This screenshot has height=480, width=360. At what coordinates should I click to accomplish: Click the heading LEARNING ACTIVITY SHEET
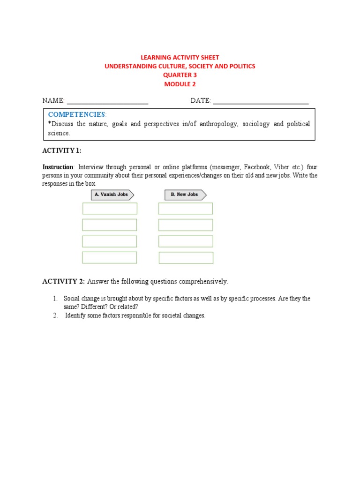tap(180, 57)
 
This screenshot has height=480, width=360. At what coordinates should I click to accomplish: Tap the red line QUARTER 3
tap(180, 75)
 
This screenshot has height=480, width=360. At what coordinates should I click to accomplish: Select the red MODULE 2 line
tap(180, 84)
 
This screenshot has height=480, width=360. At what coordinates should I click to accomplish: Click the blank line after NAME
tap(107, 101)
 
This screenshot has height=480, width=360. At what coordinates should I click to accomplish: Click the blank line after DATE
tap(261, 101)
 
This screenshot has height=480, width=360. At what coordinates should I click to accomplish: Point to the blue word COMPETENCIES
tap(77, 115)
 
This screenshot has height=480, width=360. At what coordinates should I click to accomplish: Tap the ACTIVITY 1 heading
tap(62, 150)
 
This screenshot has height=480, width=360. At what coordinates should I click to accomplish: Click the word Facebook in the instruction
tap(257, 167)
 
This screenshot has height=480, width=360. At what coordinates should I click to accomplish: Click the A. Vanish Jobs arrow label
tap(112, 195)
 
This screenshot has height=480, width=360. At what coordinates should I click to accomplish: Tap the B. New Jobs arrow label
tap(186, 195)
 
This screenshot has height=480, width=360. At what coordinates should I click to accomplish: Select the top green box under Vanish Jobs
tap(110, 209)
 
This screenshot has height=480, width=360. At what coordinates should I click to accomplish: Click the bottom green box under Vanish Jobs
tap(110, 257)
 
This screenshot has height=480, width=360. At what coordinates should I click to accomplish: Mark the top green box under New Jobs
tap(186, 209)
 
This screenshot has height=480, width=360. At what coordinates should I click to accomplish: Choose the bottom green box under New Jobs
tap(186, 258)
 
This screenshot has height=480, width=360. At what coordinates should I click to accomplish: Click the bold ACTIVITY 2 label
tap(63, 282)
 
